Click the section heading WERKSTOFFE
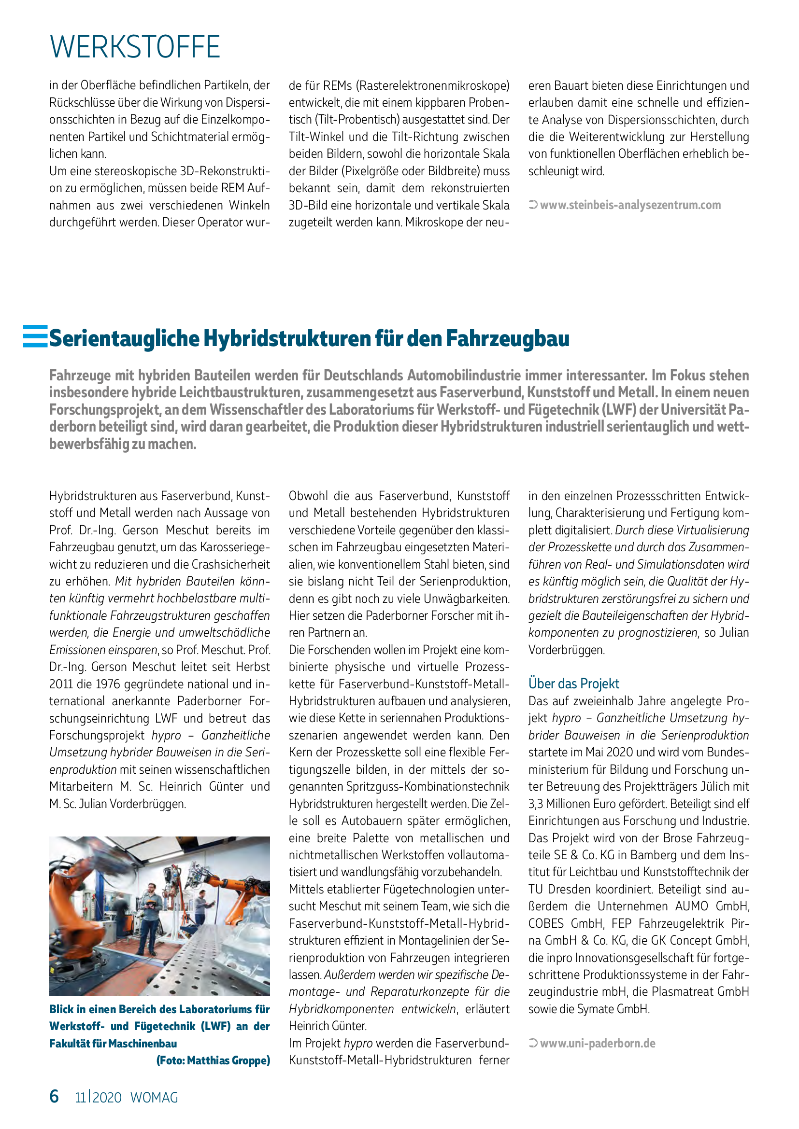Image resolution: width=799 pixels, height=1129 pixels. pos(135,47)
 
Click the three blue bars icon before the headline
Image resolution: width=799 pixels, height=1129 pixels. pos(35,336)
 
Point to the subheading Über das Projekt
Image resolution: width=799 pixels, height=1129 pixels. pos(573,683)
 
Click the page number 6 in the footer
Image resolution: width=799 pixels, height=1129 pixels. pos(54,1096)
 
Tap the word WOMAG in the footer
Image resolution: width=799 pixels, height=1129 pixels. pos(154,1098)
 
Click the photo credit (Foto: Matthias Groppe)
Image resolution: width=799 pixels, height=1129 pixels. pos(213,1060)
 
